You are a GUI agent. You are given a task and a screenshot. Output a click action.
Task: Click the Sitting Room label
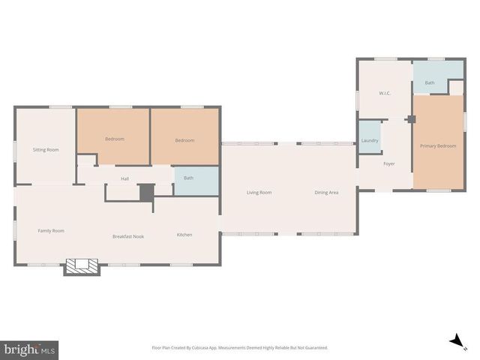(x=46, y=150)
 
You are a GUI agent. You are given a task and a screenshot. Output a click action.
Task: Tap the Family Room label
(x=51, y=230)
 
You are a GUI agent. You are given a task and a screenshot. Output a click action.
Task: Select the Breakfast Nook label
(x=128, y=236)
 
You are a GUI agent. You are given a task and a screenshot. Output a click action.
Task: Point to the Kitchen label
(x=184, y=235)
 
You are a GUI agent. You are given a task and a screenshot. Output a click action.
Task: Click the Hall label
(x=126, y=178)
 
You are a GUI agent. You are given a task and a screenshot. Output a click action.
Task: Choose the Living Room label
(x=259, y=193)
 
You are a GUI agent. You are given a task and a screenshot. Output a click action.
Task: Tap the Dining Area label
(x=326, y=193)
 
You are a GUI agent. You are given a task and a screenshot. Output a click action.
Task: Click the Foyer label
(x=389, y=163)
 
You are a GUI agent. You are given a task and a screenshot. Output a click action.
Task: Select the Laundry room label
(x=370, y=141)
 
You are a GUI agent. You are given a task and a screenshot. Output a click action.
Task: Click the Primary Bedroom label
(x=438, y=145)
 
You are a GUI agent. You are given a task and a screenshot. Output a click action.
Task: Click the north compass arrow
(x=454, y=342)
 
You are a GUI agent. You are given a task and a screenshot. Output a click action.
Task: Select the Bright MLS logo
(x=30, y=349)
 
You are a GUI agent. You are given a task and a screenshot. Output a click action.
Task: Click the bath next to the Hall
(x=189, y=178)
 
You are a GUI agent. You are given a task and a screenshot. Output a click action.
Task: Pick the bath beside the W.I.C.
(x=430, y=82)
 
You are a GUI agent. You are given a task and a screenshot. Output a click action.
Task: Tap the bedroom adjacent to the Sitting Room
(x=115, y=139)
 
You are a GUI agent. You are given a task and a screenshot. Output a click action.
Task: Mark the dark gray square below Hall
(x=146, y=191)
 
